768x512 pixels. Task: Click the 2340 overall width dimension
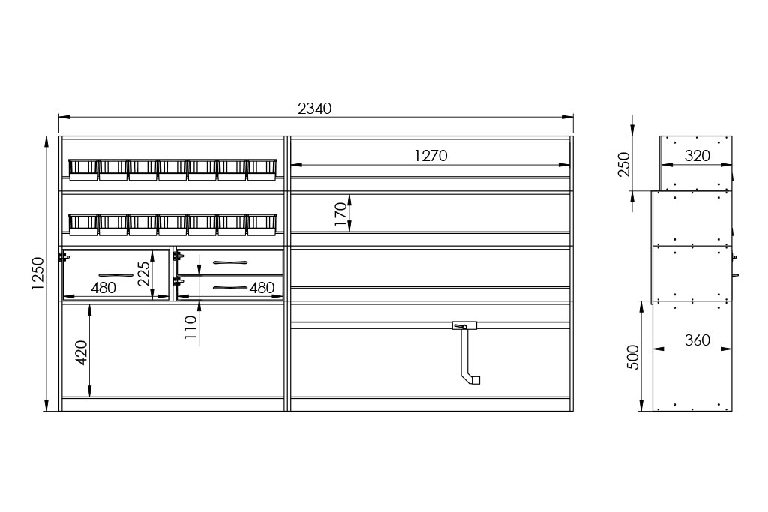(315, 108)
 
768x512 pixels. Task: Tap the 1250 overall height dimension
(38, 273)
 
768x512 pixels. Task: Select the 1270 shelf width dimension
(430, 156)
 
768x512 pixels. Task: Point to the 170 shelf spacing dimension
(340, 214)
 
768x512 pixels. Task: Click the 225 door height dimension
(143, 273)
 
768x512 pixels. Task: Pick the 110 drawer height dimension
(190, 328)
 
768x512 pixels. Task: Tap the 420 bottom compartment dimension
(81, 352)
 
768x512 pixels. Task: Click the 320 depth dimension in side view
(697, 156)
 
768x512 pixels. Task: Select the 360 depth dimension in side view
(697, 340)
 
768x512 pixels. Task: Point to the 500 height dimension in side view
(633, 357)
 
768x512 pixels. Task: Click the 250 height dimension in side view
(623, 164)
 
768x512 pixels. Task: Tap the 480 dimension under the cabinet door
(103, 288)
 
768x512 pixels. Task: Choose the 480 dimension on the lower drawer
(262, 288)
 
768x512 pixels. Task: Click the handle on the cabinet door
(116, 275)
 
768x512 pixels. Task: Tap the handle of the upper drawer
(230, 263)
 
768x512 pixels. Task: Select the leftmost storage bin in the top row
(83, 169)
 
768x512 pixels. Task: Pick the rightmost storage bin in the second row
(262, 224)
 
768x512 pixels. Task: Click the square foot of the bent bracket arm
(475, 380)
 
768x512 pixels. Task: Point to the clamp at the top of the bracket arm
(464, 325)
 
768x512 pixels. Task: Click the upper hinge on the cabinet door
(64, 256)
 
